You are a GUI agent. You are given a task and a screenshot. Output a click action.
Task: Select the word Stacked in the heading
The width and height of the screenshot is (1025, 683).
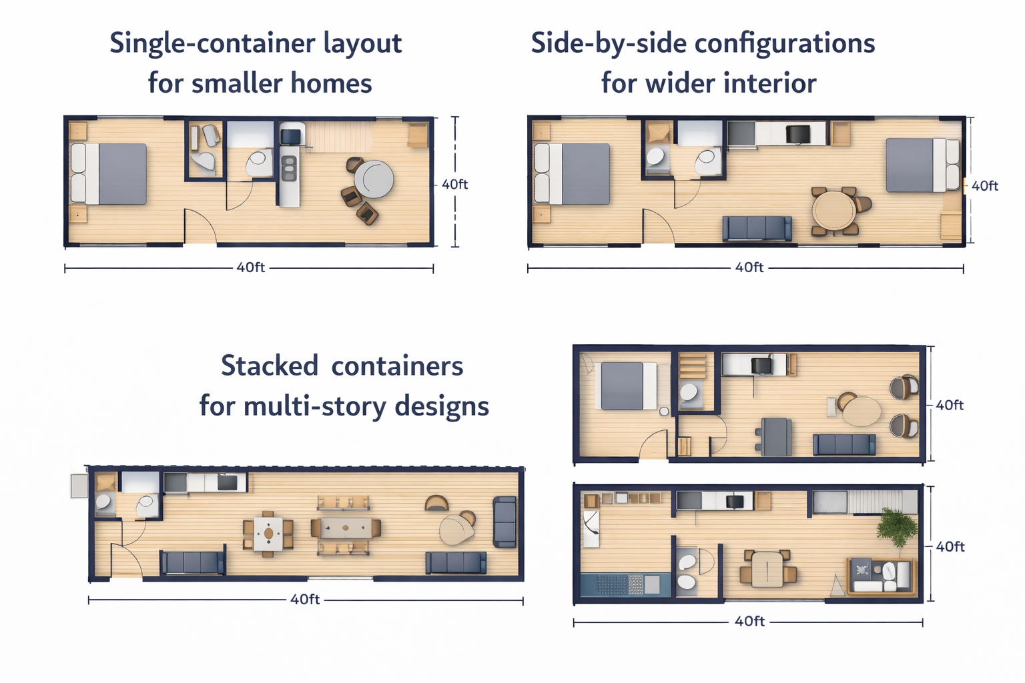270,366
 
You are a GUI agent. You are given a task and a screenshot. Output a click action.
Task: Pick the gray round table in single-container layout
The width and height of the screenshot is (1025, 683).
374,179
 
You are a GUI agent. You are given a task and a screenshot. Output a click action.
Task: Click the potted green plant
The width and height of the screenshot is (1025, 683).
897,527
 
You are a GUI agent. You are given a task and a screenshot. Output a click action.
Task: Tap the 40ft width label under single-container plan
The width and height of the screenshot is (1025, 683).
250,267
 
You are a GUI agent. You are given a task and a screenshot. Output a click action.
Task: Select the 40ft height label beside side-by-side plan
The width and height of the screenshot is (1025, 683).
985,185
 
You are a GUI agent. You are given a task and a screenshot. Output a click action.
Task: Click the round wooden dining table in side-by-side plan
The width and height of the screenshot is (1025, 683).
833,211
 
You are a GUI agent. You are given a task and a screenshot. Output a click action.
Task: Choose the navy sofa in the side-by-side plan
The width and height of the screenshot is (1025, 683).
757,228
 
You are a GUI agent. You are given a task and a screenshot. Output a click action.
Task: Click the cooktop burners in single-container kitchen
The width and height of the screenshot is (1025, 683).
289,168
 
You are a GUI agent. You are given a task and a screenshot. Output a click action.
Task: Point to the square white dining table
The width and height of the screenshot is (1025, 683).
269,534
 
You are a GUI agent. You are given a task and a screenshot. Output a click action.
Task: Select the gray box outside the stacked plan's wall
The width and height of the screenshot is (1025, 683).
79,486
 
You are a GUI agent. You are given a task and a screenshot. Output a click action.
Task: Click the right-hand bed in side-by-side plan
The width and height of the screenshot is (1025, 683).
922,165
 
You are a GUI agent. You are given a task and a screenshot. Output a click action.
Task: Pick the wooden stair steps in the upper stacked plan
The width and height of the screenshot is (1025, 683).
692,366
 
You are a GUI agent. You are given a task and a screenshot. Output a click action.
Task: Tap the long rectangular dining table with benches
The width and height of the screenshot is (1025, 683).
346,528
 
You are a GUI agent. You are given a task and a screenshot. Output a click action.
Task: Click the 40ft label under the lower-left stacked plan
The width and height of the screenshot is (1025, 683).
305,599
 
